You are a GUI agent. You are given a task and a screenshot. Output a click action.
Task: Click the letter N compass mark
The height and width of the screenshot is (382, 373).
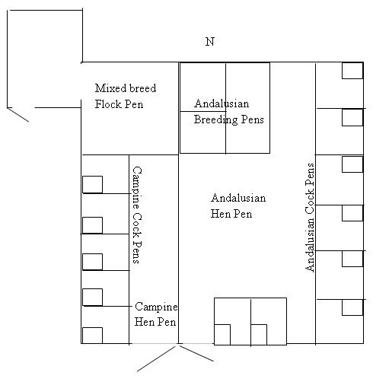click(210, 42)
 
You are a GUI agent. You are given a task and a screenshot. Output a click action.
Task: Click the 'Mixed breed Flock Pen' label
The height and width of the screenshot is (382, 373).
click(126, 96)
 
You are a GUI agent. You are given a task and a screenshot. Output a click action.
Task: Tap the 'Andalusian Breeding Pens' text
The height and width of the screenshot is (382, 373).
click(229, 111)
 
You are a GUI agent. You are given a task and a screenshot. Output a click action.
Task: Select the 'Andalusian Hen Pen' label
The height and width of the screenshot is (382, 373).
click(238, 205)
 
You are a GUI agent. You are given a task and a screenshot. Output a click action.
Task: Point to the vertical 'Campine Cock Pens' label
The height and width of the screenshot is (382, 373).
click(137, 215)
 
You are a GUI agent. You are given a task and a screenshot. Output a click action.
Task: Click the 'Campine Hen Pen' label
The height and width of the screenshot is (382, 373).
click(156, 314)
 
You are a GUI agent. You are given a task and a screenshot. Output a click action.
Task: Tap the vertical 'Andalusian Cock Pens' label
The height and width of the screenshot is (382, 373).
click(310, 218)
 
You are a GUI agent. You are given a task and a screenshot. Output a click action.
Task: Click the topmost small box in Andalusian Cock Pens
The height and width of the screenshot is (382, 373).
click(352, 71)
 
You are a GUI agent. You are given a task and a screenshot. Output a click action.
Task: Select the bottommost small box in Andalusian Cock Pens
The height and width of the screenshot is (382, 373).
click(352, 307)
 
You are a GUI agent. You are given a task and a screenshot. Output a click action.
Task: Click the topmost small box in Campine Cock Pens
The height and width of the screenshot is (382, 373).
click(93, 185)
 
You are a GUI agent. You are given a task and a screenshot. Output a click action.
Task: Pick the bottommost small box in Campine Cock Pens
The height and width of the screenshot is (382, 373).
click(93, 336)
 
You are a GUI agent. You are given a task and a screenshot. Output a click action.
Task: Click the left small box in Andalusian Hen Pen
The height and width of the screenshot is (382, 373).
click(222, 335)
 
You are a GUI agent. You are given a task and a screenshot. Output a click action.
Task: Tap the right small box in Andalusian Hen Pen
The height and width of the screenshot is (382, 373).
click(259, 335)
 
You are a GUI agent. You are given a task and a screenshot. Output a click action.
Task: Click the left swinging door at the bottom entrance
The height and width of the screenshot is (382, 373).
click(156, 358)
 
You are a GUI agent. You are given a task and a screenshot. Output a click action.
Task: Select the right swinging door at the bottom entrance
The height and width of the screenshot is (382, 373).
click(196, 353)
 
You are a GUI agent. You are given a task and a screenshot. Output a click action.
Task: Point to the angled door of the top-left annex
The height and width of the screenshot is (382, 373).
click(18, 115)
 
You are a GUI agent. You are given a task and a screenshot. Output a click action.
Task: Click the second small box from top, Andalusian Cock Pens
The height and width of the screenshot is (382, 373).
click(352, 117)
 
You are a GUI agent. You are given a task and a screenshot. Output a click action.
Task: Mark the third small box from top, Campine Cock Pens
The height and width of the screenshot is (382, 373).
click(93, 262)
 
